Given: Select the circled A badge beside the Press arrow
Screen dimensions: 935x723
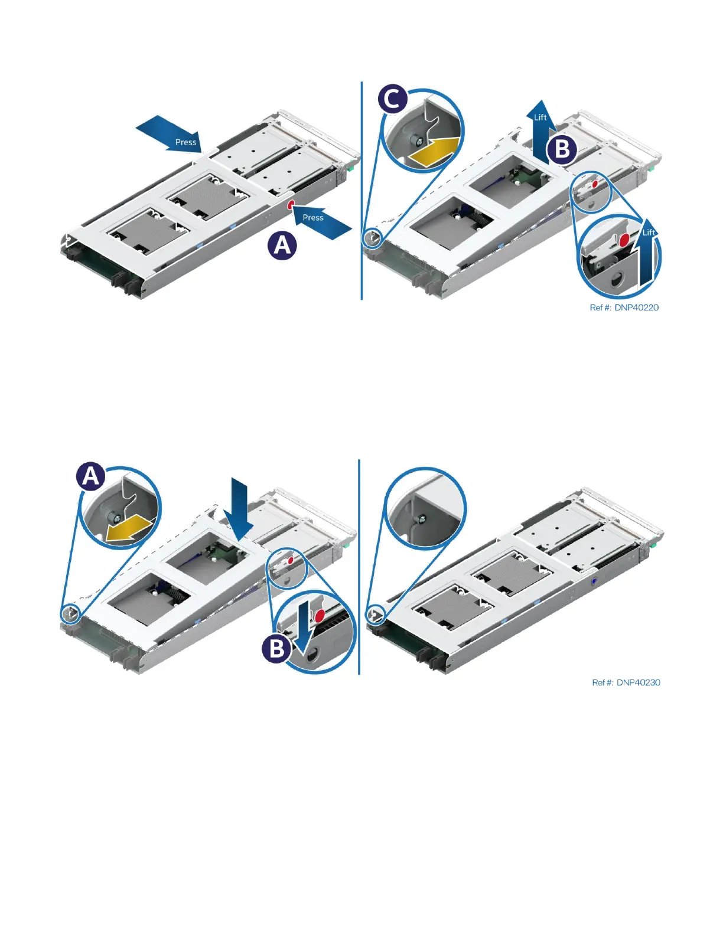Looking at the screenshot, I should coord(282,245).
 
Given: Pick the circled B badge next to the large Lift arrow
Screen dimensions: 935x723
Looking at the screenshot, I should coord(562,149).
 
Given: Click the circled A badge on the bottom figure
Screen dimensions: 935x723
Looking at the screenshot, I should coord(91,476).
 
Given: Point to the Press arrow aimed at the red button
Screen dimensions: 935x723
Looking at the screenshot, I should coord(320,221).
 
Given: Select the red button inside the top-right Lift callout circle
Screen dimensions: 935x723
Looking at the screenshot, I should coord(624,240).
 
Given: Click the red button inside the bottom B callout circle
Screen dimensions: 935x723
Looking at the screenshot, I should coord(320,616).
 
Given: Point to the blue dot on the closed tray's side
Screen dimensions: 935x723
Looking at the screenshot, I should coord(593,581).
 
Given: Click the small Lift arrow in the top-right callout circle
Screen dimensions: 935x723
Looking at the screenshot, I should coord(648,259).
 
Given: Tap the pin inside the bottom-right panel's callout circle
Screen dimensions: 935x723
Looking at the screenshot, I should coord(422,519).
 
